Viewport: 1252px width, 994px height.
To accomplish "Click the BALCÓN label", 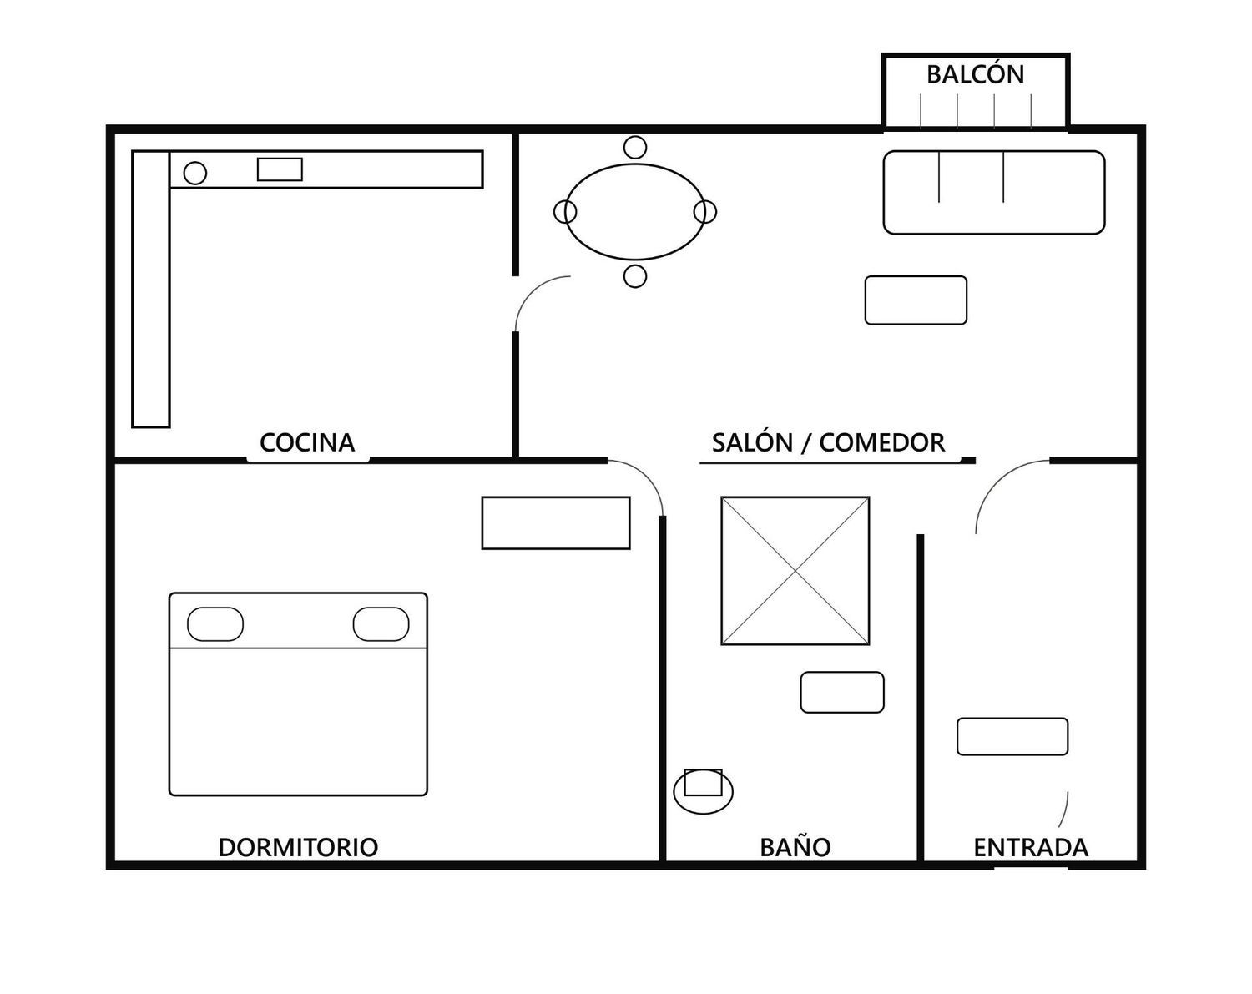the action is coord(975,74).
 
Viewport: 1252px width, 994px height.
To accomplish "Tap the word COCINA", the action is coord(307,443).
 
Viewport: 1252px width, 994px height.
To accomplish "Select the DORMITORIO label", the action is coord(298,847).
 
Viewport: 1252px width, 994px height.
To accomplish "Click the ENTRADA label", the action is coord(1031,847).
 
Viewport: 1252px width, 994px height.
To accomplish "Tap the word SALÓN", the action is coord(752,442).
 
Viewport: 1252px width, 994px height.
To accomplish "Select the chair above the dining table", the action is coord(635,148).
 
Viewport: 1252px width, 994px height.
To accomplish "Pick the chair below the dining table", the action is coord(635,276).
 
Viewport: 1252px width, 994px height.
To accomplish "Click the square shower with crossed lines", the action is coord(795,571).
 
